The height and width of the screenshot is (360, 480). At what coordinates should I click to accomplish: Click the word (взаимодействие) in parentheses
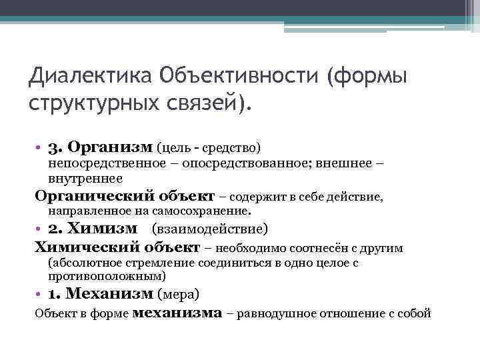tap(210, 229)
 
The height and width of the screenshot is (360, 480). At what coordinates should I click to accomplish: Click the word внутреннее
tap(85, 178)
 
